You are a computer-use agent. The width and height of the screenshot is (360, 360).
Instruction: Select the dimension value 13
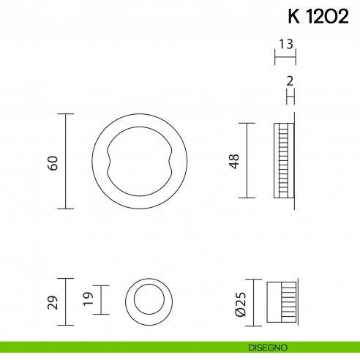[286, 44]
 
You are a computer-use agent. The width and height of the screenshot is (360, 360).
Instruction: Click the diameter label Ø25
[239, 301]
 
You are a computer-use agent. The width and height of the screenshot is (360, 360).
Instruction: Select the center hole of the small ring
[151, 301]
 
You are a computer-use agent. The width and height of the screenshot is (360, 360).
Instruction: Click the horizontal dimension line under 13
[285, 55]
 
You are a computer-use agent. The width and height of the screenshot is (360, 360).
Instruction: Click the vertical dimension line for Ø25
[253, 301]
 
